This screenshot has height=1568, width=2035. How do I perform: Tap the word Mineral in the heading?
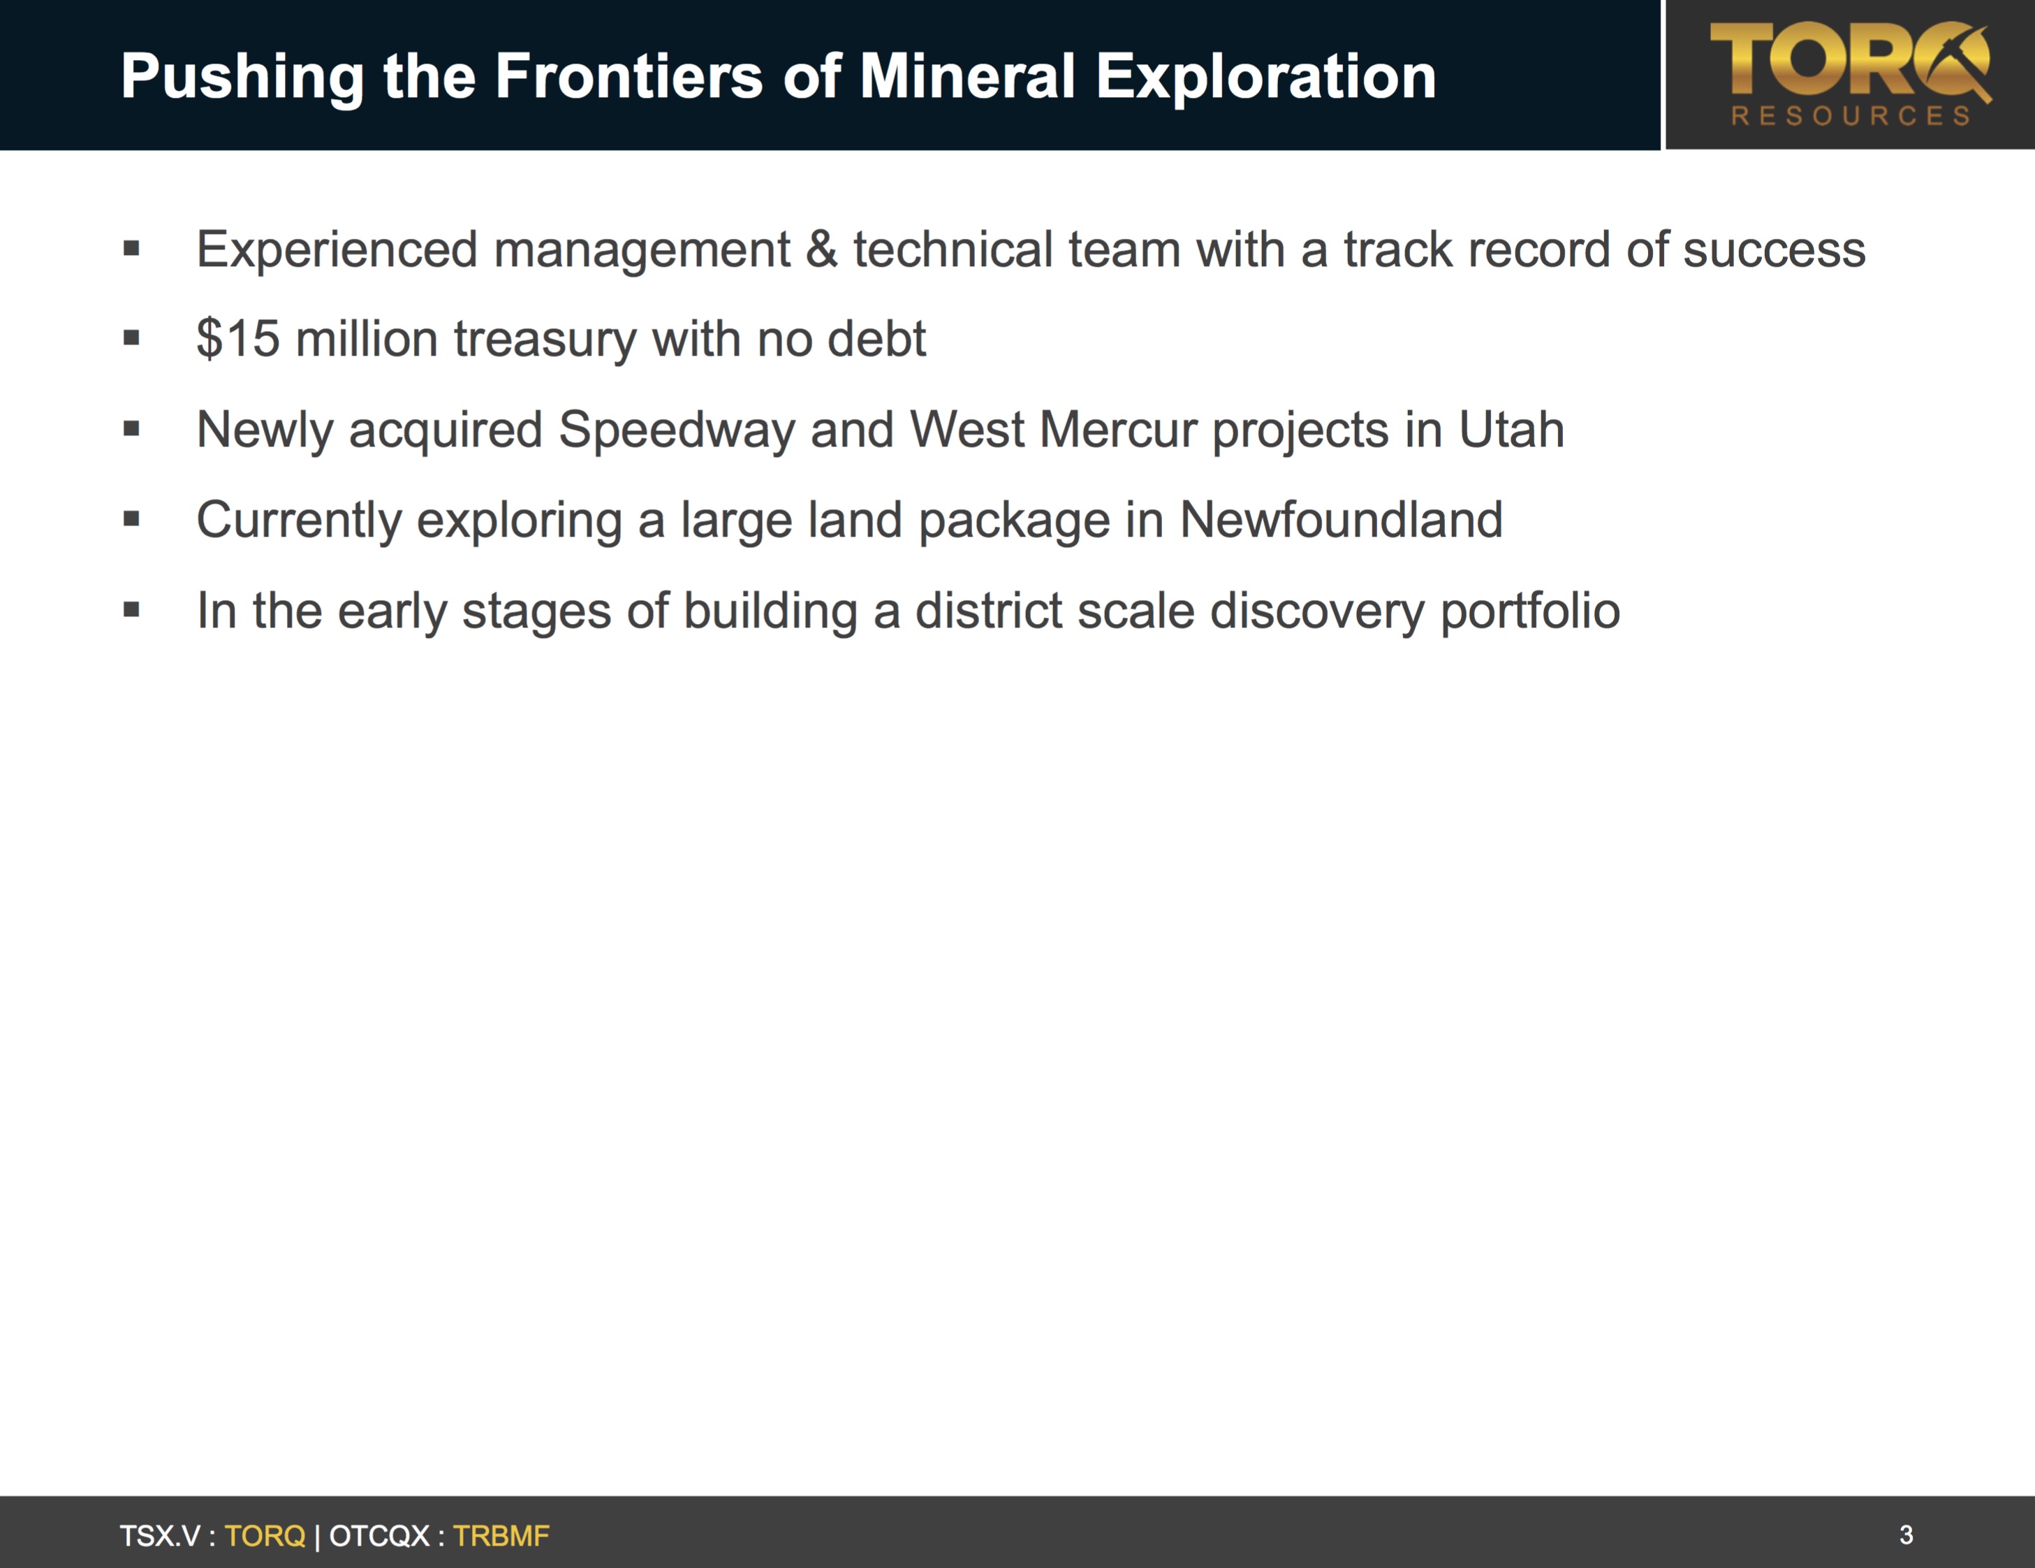967,75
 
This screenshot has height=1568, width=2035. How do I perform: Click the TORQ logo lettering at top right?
1849,61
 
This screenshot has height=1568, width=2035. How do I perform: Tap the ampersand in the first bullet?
821,250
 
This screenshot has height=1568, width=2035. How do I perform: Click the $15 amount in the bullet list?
237,337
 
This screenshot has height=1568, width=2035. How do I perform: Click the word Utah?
1511,430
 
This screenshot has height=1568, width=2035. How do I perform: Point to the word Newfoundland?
1341,519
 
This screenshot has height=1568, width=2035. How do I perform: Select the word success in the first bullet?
1773,250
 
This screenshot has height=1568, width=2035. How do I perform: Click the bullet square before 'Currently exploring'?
131,519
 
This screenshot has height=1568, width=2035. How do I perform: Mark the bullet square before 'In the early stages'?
131,610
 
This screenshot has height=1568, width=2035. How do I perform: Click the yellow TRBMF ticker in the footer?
501,1535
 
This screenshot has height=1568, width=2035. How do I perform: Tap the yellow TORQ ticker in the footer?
265,1535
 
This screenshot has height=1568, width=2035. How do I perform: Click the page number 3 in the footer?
1907,1534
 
